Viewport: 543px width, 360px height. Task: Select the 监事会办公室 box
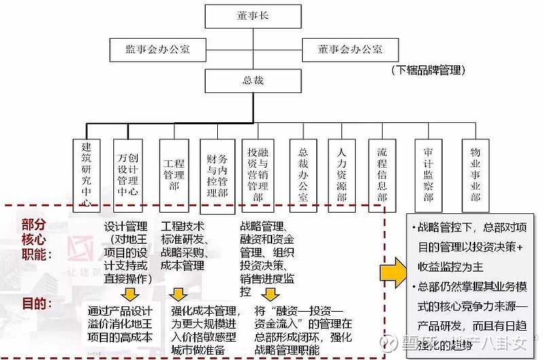point(157,50)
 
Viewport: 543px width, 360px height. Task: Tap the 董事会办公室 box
point(350,50)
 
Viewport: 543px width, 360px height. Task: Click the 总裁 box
point(242,80)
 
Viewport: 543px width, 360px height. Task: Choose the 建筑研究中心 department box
point(86,170)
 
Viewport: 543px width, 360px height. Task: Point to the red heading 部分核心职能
point(35,238)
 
